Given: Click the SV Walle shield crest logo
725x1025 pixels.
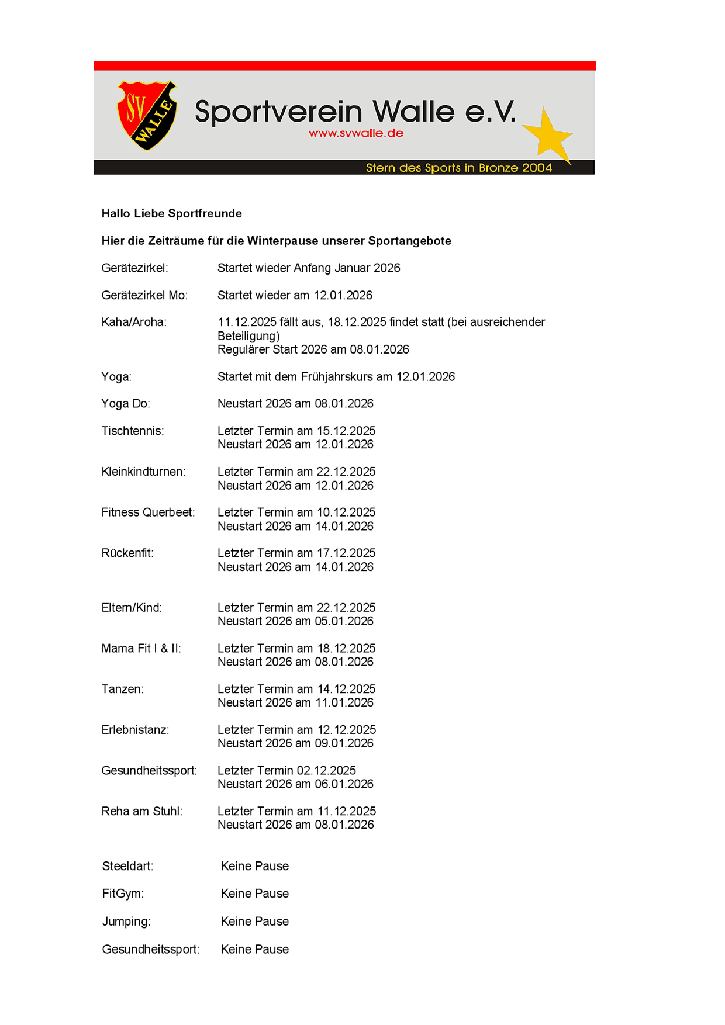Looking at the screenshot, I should (x=147, y=115).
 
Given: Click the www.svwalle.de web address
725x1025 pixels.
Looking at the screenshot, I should (x=356, y=133).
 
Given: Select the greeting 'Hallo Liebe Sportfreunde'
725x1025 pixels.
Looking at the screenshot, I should (x=171, y=213).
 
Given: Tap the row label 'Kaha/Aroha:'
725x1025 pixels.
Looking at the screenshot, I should (x=134, y=322).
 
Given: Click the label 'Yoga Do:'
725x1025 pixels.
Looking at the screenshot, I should (x=126, y=404).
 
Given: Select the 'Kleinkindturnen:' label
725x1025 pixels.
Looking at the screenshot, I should (x=143, y=472).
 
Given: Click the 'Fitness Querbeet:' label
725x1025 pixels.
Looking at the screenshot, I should (x=148, y=512).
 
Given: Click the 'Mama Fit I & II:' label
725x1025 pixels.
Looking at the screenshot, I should (x=141, y=649).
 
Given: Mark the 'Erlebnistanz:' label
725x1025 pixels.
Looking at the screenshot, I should (x=135, y=730).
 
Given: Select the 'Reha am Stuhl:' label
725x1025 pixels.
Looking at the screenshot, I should (x=142, y=811).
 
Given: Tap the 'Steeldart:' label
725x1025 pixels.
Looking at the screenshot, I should (x=127, y=866).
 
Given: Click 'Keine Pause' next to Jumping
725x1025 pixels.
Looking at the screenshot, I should (x=254, y=922).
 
